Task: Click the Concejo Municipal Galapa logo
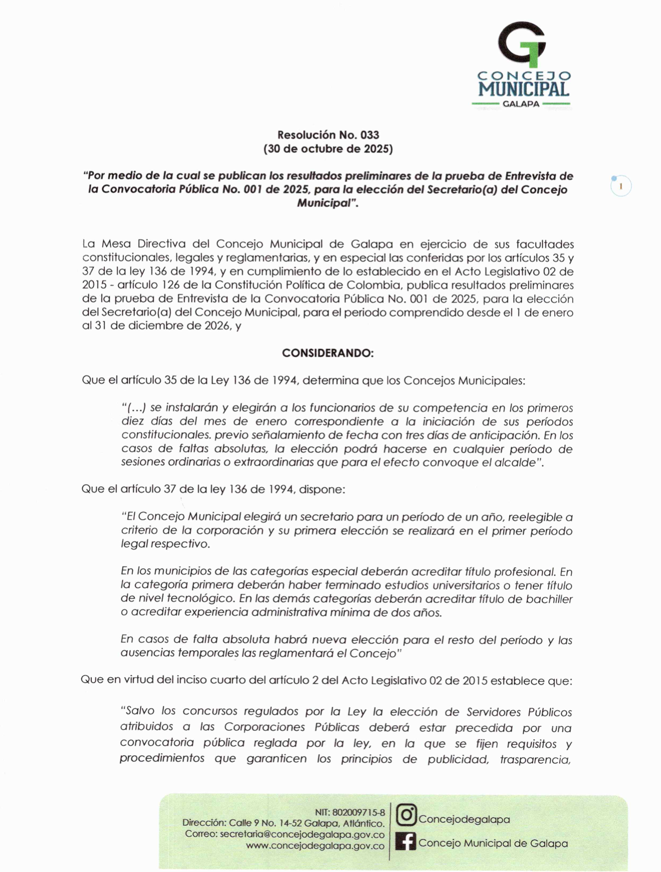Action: click(x=521, y=64)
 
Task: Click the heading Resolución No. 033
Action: click(x=328, y=135)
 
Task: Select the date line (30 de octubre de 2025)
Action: click(x=328, y=149)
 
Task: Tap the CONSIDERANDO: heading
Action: click(x=328, y=353)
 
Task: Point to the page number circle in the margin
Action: click(x=621, y=187)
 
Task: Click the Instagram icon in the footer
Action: click(x=406, y=815)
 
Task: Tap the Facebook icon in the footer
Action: click(x=406, y=842)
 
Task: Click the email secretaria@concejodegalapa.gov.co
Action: click(x=302, y=835)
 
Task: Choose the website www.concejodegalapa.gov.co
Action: click(x=315, y=846)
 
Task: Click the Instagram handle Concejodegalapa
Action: click(x=464, y=819)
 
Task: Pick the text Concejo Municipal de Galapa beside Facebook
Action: click(x=493, y=843)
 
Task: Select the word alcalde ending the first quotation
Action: click(x=519, y=463)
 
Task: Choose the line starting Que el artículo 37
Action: click(x=213, y=489)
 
